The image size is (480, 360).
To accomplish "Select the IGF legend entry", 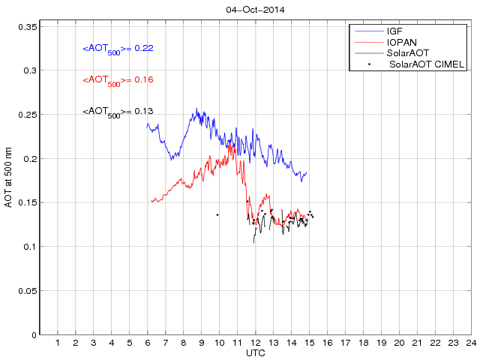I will point(394,31).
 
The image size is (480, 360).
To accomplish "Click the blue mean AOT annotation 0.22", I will point(118,49).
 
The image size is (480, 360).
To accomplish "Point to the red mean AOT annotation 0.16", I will point(118,80).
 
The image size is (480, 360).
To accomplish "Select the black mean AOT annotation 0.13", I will point(118,112).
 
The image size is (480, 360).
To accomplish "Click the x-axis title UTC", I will point(256,352).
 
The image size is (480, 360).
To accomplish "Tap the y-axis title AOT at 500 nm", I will point(9,180).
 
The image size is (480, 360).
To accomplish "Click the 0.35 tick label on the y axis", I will point(27,27).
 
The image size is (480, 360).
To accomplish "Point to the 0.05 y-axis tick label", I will point(27,291).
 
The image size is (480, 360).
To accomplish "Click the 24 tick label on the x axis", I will point(470,343).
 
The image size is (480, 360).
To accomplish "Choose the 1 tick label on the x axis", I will point(58,343).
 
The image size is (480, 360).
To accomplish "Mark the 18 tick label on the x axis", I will point(363,343).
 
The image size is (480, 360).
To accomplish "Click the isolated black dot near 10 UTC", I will point(217,214).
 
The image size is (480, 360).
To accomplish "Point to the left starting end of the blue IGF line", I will point(147,126).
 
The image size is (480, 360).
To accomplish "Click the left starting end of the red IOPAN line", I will point(151,200).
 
